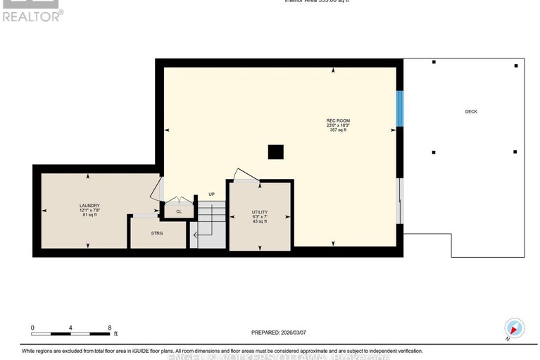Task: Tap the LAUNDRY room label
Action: pyautogui.click(x=89, y=205)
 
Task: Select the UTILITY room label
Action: pyautogui.click(x=260, y=212)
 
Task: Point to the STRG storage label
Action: pyautogui.click(x=156, y=232)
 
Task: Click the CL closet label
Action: pyautogui.click(x=179, y=211)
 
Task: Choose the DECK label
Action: pyautogui.click(x=471, y=111)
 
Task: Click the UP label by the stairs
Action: pyautogui.click(x=211, y=194)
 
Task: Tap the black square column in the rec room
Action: pyautogui.click(x=275, y=152)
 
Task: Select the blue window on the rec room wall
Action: pyautogui.click(x=400, y=108)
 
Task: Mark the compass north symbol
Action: pyautogui.click(x=514, y=328)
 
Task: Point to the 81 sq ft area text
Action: pyautogui.click(x=89, y=214)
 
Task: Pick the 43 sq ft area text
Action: pyautogui.click(x=260, y=222)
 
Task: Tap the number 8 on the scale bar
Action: pyautogui.click(x=110, y=328)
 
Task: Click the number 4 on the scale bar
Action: pyautogui.click(x=71, y=328)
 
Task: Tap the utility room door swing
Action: pyautogui.click(x=244, y=174)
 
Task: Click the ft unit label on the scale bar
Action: pyautogui.click(x=117, y=334)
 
